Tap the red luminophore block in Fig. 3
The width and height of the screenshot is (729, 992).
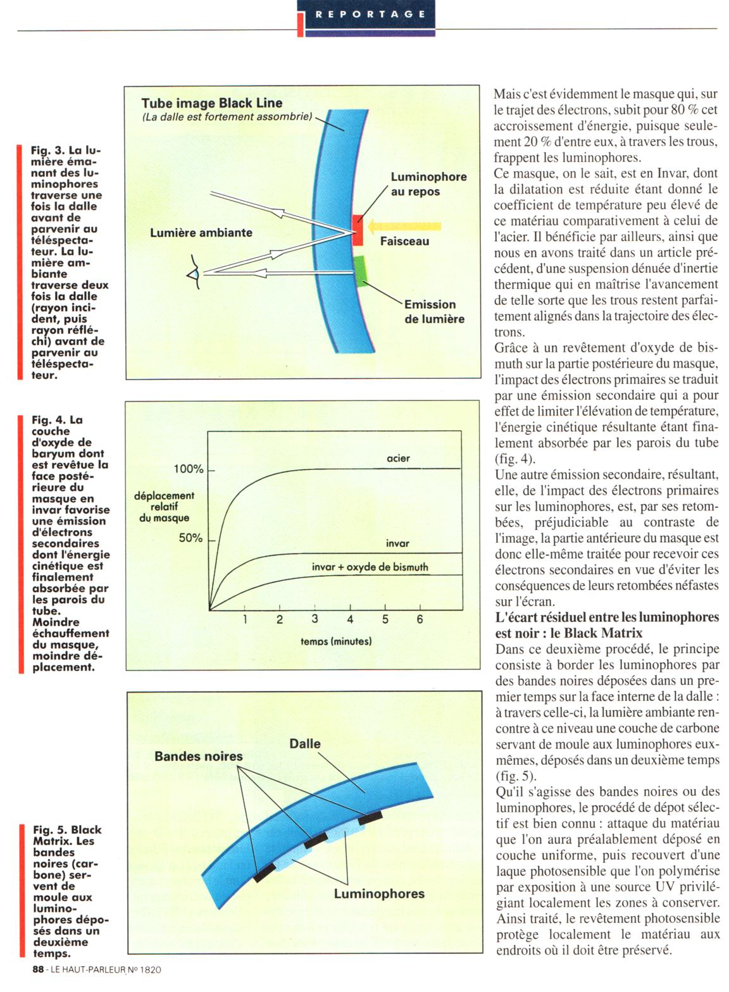358,230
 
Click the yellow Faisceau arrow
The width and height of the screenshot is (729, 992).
405,225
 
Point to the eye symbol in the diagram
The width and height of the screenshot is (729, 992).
194,274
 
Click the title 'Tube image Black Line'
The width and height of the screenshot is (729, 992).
212,103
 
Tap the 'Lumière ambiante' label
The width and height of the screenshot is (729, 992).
201,233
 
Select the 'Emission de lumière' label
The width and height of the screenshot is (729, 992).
434,311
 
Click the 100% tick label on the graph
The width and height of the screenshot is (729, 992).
189,469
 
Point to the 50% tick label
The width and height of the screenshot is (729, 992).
190,538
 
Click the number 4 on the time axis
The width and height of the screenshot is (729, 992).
350,619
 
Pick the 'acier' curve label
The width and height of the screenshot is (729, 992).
398,458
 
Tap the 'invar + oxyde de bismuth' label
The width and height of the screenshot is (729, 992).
370,567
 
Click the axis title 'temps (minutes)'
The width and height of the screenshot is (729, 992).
336,642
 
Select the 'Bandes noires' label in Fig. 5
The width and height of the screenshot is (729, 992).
199,756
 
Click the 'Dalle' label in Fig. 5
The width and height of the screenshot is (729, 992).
305,744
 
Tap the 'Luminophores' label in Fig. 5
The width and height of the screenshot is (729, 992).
379,893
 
